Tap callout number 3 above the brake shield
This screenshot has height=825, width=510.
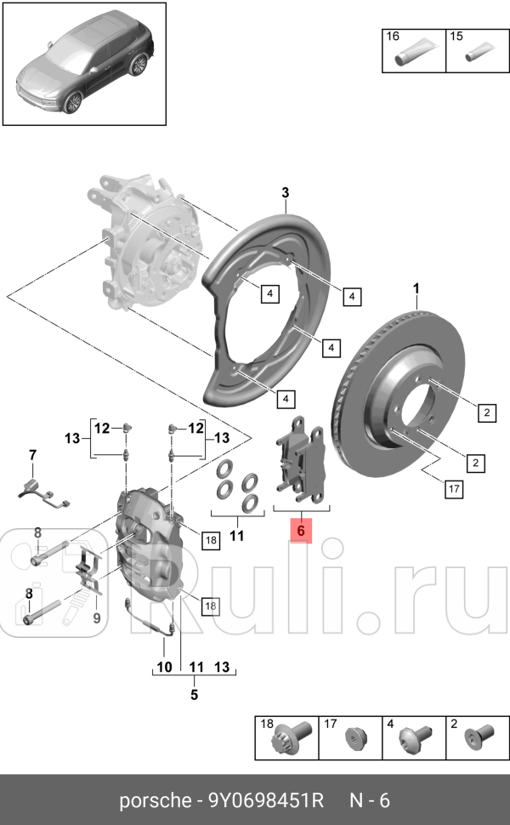point(286,194)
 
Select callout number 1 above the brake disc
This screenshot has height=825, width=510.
point(416,289)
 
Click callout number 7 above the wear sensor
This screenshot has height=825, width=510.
point(33,456)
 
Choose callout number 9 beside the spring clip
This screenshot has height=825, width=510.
point(96,617)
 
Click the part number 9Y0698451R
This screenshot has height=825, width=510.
point(266,800)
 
